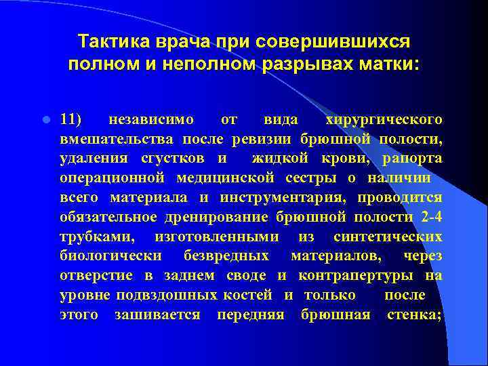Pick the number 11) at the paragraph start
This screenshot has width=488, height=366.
click(70, 120)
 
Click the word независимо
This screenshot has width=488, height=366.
click(151, 120)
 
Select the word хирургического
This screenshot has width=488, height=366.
click(384, 120)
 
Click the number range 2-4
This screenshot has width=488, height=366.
click(428, 218)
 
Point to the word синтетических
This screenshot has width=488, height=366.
click(388, 237)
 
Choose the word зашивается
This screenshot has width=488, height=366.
click(157, 315)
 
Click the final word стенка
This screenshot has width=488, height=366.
click(414, 315)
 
